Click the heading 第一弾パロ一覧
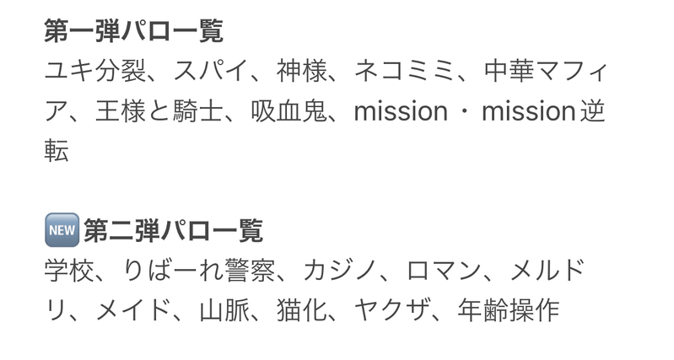[x=134, y=33]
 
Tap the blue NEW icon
[x=61, y=230]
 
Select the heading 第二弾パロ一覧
[x=173, y=230]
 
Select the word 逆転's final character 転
[x=57, y=151]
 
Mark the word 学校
[x=68, y=271]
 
